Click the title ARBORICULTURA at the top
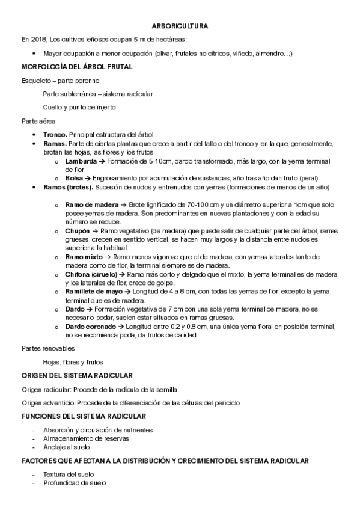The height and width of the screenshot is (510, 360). [180, 26]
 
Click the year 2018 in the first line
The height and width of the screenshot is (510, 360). [39, 40]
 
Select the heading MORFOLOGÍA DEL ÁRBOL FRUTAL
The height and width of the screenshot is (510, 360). [77, 67]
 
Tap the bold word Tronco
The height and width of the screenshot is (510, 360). [55, 134]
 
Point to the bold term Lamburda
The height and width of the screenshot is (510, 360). [81, 161]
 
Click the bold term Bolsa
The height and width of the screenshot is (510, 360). [74, 179]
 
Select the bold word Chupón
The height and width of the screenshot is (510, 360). [78, 231]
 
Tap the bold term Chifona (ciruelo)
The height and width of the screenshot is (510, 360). [92, 274]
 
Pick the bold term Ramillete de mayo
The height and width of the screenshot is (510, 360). [94, 292]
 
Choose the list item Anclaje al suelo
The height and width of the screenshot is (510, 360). [66, 447]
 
